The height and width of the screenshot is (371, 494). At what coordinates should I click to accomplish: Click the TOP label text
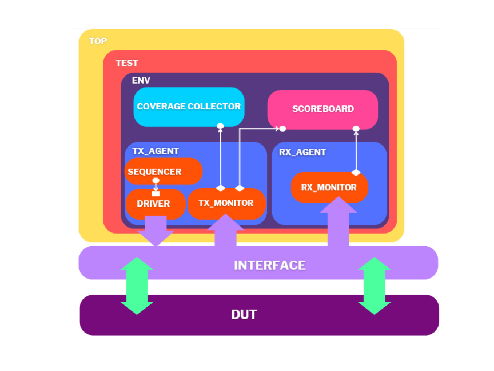pos(97,41)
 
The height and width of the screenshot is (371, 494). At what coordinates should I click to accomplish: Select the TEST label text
pos(127,63)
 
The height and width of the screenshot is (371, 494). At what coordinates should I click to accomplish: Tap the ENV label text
pos(141,80)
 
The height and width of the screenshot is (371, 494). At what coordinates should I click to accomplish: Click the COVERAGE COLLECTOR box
pos(189,106)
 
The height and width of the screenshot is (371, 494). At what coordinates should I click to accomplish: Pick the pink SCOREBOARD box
pos(323,109)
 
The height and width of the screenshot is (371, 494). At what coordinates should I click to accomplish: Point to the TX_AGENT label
pos(155,151)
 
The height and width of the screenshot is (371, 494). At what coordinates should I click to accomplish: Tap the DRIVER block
pos(153,203)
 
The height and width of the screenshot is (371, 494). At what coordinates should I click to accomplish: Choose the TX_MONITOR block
pos(226,203)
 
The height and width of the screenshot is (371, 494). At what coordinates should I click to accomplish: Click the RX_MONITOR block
pos(329,187)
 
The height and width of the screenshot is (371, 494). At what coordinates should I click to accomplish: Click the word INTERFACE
pos(270,265)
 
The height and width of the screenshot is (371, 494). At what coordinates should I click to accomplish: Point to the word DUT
pos(244,315)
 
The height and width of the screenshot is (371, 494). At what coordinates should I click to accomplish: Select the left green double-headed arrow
pos(136,286)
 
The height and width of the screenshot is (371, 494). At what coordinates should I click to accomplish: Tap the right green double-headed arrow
pos(374,286)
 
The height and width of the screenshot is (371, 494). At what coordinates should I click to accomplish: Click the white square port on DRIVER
pos(156,193)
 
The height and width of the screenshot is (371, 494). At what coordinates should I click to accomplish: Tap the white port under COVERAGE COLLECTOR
pos(220,126)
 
